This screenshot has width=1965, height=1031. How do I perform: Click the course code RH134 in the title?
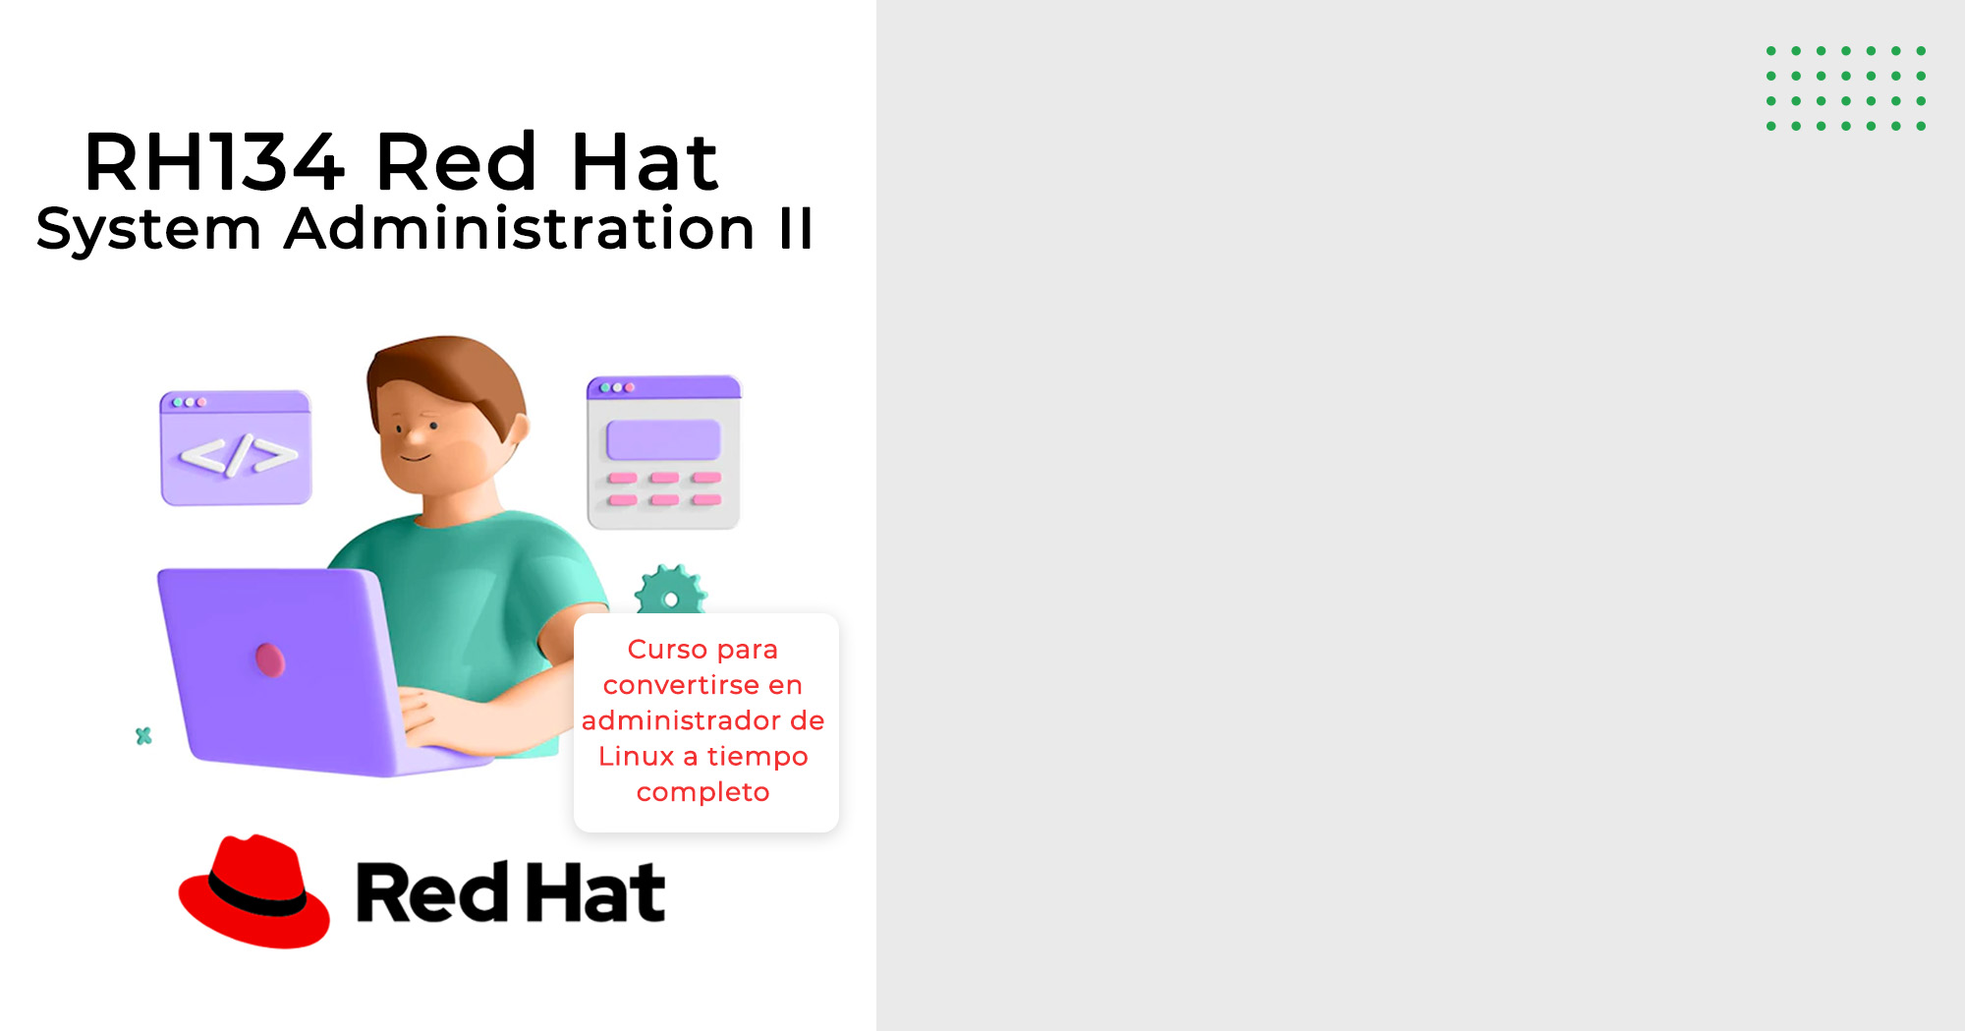[x=214, y=161]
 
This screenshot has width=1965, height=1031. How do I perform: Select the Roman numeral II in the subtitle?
[x=796, y=229]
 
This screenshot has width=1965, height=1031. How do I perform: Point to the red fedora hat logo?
[x=254, y=891]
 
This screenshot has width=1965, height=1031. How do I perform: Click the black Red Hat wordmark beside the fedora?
[x=511, y=892]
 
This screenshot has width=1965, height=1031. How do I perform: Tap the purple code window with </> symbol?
[x=236, y=448]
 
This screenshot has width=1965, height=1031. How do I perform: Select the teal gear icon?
[x=670, y=590]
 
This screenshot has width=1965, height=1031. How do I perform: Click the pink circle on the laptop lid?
[x=270, y=659]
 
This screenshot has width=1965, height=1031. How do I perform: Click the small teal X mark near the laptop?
[x=143, y=735]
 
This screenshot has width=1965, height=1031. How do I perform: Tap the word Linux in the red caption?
[x=636, y=756]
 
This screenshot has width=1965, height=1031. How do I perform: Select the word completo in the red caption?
[x=703, y=792]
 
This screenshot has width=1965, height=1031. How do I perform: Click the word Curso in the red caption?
[x=667, y=650]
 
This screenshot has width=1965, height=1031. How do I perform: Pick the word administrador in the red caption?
[x=682, y=720]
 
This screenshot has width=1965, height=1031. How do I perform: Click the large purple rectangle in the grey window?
[x=663, y=439]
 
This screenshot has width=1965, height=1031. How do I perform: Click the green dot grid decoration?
[x=1846, y=88]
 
